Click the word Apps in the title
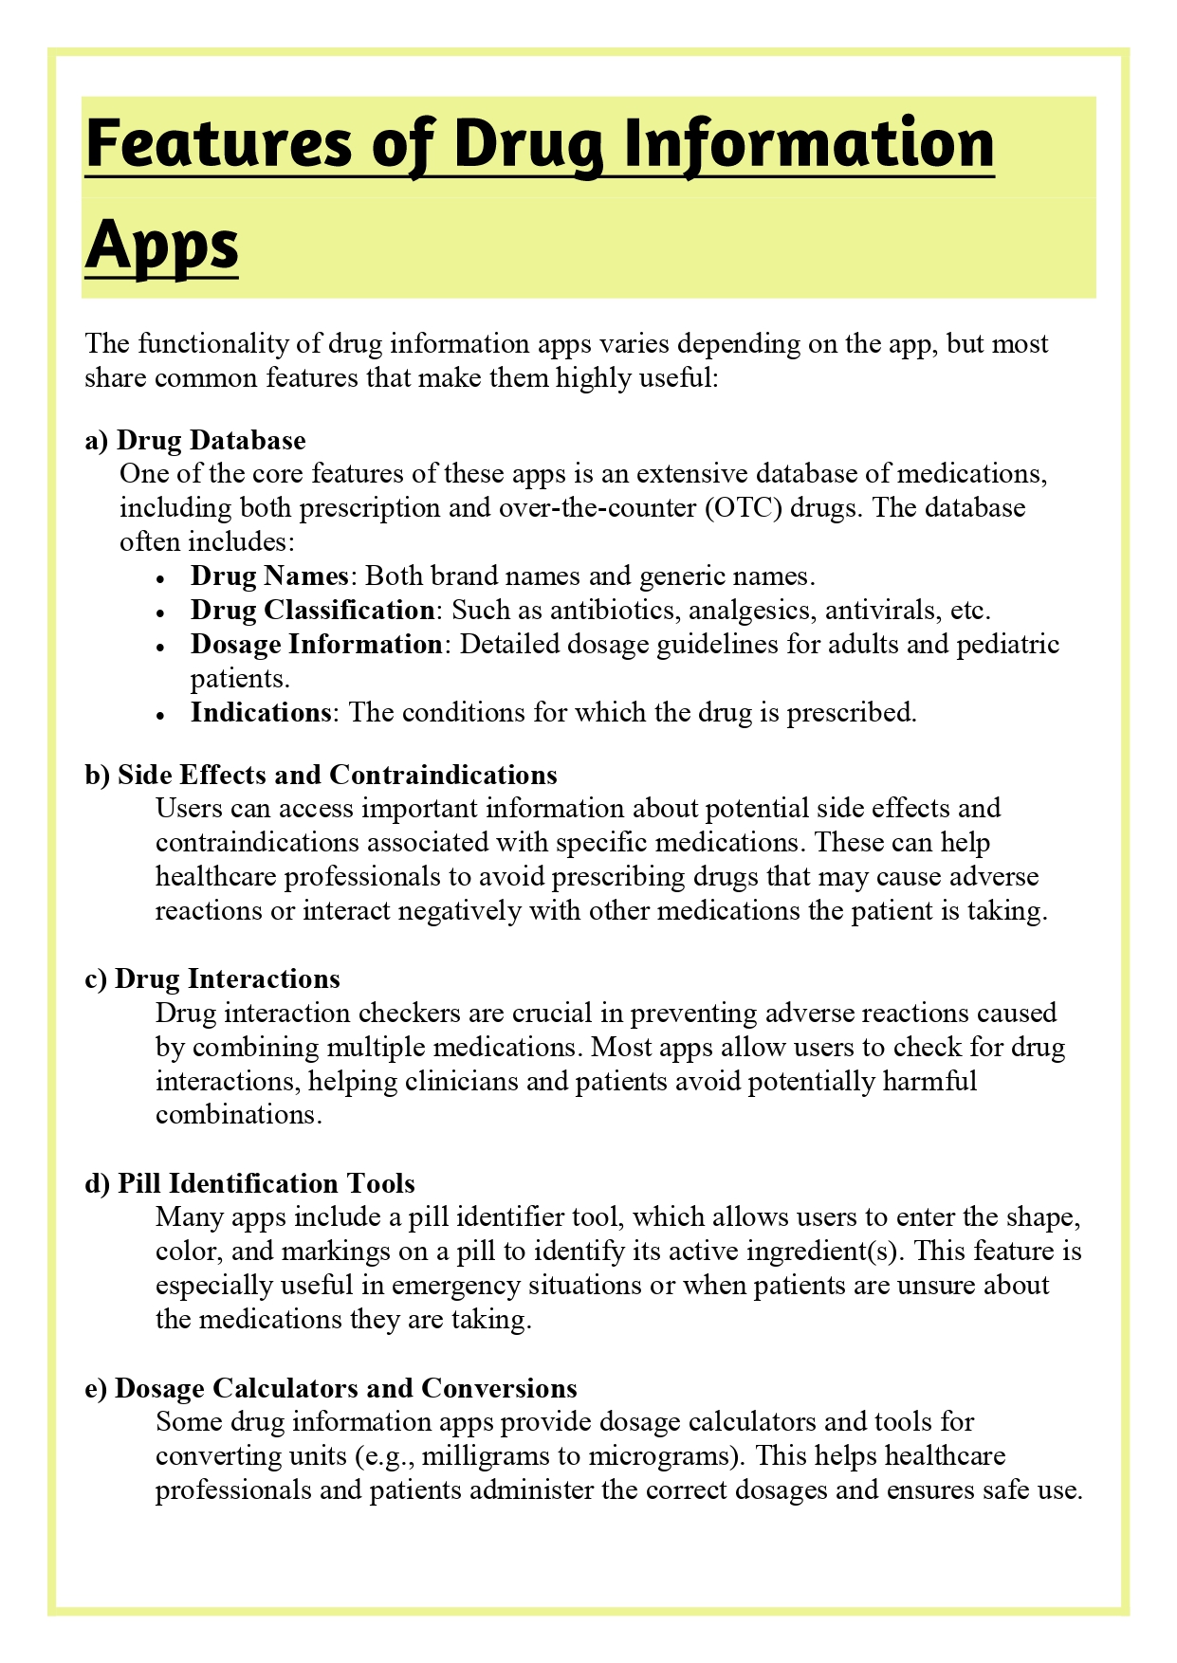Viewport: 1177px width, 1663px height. tap(161, 244)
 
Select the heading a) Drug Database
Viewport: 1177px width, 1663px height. tap(195, 440)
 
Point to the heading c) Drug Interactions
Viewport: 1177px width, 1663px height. tap(212, 978)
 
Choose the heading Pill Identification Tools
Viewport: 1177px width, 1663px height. tap(266, 1183)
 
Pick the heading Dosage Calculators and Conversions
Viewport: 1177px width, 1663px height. tap(345, 1388)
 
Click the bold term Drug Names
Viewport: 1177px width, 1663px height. tap(269, 576)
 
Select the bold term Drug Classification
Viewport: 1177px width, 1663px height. tap(312, 610)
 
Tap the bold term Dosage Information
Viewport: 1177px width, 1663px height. tap(316, 644)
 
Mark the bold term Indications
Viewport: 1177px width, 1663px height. tap(260, 712)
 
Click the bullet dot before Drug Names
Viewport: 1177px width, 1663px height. tap(163, 577)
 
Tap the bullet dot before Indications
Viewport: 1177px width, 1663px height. tap(163, 714)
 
